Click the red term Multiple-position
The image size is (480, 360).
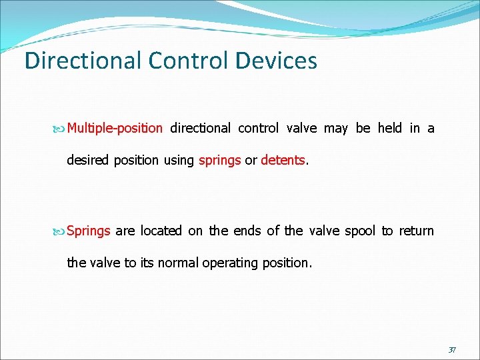115,128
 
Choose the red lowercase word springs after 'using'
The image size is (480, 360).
219,160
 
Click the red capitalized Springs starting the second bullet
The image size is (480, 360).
89,231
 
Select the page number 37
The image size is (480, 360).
451,349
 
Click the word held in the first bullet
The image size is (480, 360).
389,128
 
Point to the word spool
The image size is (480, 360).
360,231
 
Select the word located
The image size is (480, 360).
161,231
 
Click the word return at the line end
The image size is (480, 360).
417,231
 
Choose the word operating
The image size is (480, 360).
234,263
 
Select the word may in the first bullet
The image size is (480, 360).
335,128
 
